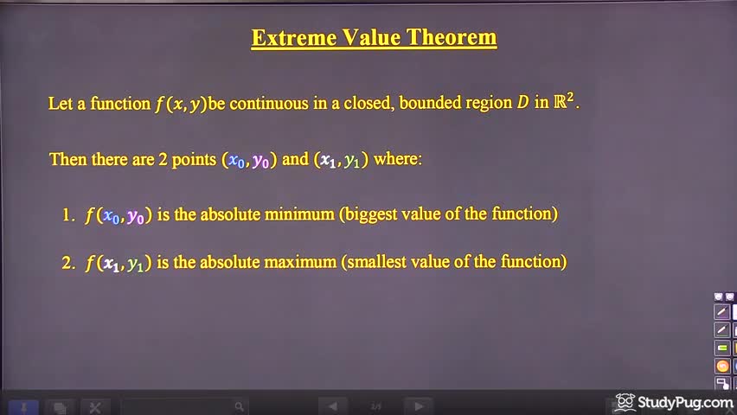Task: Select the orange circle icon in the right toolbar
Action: [721, 366]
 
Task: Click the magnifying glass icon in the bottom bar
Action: [240, 405]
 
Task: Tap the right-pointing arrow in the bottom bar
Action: [419, 405]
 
